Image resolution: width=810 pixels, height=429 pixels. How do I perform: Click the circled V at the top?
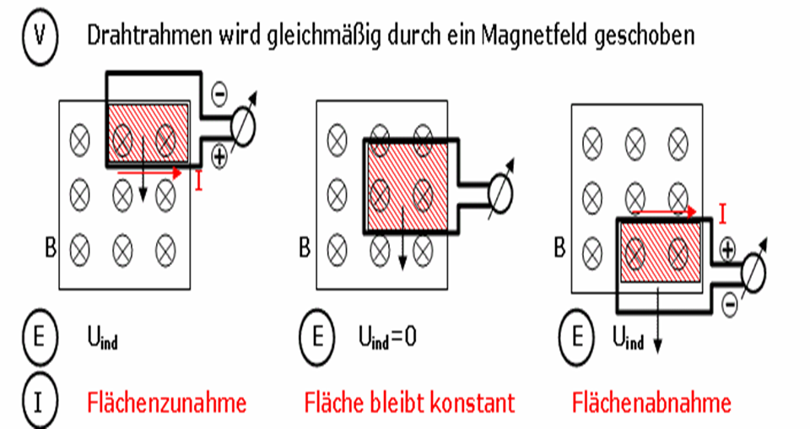[x=40, y=35]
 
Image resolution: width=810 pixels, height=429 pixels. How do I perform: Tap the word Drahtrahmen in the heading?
[x=149, y=35]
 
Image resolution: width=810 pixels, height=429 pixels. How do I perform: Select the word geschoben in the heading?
[x=645, y=36]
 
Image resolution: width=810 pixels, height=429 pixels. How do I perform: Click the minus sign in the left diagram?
[x=219, y=95]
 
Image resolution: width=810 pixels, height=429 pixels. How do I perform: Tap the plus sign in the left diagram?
[x=219, y=156]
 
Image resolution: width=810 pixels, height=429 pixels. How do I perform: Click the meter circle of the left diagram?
[x=243, y=128]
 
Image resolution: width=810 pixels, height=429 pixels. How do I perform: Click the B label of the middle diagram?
[x=305, y=247]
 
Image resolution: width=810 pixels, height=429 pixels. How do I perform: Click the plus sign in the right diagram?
[x=727, y=250]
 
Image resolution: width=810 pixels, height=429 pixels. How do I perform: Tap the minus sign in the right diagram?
[x=729, y=304]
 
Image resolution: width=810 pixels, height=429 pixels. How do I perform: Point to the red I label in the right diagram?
[x=723, y=214]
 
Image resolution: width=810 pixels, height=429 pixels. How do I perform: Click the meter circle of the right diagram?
[x=753, y=274]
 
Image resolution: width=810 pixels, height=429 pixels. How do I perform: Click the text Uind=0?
[x=387, y=339]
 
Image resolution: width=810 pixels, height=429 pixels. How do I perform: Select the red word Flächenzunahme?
[x=167, y=403]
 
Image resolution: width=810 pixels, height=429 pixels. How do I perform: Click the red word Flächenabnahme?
[x=652, y=403]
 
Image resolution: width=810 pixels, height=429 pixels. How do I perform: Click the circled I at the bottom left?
[x=40, y=403]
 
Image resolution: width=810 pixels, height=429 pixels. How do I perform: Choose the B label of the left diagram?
[x=50, y=247]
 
